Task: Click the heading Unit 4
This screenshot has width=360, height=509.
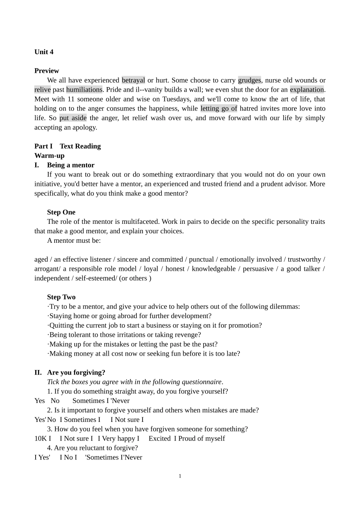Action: [44, 52]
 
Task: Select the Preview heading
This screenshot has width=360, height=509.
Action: [47, 71]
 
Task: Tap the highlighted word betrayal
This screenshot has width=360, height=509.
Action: [133, 80]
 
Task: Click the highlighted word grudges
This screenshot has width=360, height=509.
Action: [249, 80]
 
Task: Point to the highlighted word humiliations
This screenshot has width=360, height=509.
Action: [84, 90]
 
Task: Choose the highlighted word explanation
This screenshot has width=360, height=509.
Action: [307, 90]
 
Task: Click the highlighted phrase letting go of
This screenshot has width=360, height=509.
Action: [219, 109]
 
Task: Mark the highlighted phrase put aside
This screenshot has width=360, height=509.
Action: [73, 118]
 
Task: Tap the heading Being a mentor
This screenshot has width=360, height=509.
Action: [70, 165]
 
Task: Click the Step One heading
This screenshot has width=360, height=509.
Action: [61, 212]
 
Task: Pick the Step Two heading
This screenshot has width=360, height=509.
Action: [61, 297]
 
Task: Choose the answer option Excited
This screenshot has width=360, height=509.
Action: [159, 439]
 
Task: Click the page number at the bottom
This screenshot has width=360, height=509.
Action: [180, 476]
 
